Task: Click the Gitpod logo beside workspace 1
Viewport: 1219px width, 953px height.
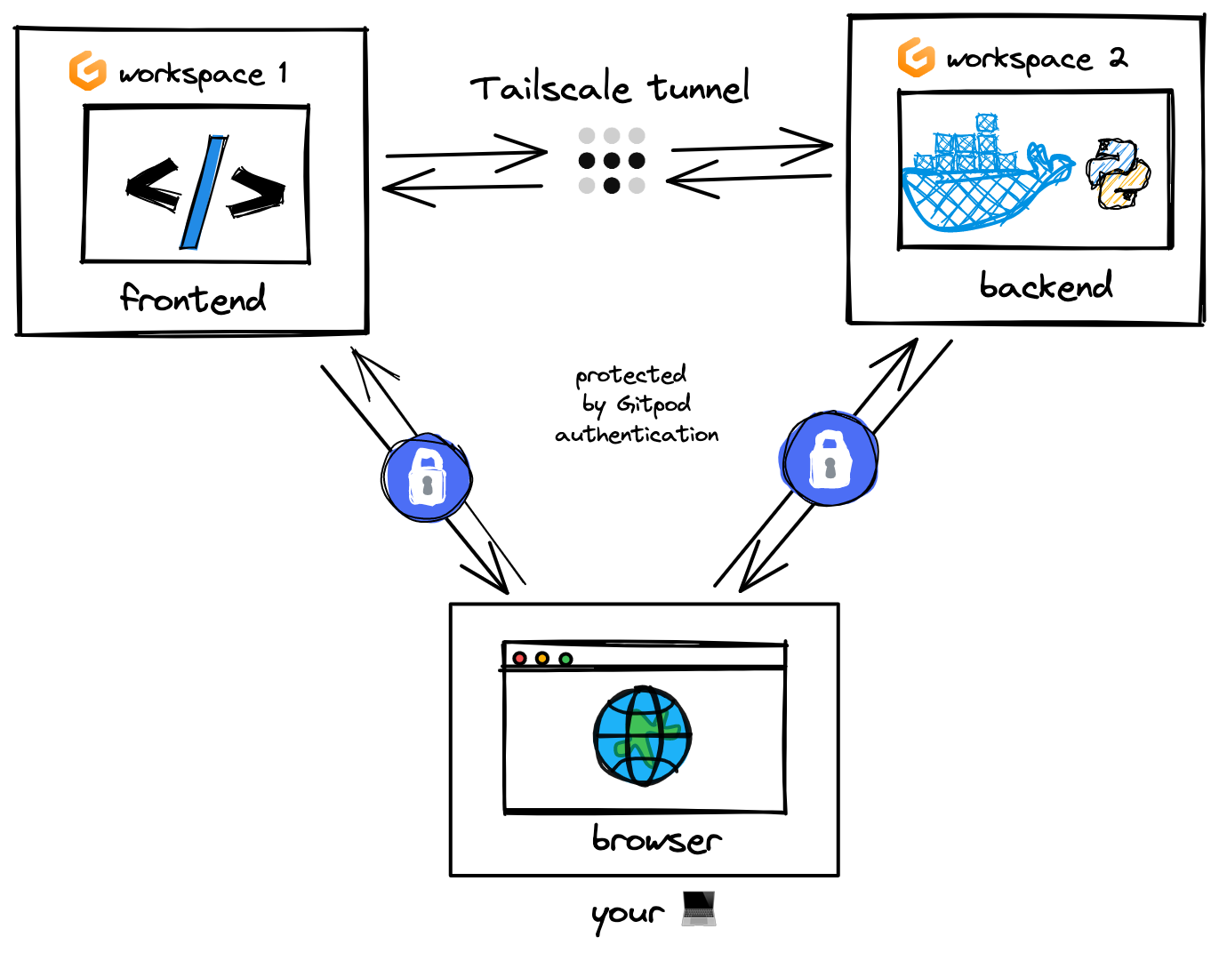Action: click(x=88, y=71)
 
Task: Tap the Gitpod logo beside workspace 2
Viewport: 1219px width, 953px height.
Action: click(x=916, y=58)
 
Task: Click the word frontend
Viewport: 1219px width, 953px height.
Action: click(x=193, y=299)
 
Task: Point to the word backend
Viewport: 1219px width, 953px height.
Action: click(x=1046, y=285)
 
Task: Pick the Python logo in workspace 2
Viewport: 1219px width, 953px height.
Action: click(x=1118, y=173)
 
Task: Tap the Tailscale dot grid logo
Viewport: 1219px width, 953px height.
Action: click(x=612, y=161)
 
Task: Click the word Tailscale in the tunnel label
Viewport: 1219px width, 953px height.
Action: click(x=550, y=89)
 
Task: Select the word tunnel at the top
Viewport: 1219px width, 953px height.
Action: click(x=699, y=87)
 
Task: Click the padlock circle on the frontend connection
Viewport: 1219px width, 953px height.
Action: click(x=427, y=477)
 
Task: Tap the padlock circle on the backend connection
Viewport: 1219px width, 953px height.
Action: click(x=830, y=459)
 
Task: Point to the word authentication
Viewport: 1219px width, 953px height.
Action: click(x=637, y=435)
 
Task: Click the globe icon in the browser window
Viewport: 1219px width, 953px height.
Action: click(x=642, y=735)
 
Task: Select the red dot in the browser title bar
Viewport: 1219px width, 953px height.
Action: click(x=520, y=659)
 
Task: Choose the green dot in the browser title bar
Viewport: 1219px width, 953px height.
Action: click(x=565, y=659)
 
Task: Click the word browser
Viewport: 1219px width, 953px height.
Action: click(x=656, y=839)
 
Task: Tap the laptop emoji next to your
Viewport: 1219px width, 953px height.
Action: click(x=699, y=909)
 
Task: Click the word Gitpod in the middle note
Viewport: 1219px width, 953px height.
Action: click(x=654, y=404)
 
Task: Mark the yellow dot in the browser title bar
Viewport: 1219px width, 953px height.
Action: click(x=542, y=659)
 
